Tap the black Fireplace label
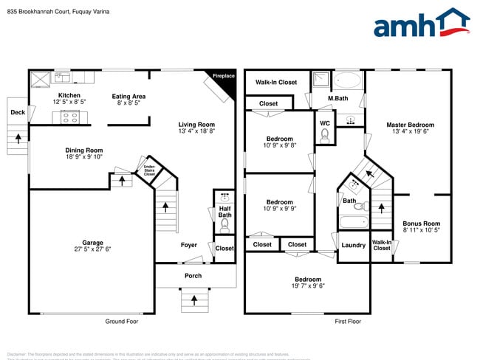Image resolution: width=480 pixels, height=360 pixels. [224, 77]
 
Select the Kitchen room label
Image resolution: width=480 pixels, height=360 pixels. [69, 96]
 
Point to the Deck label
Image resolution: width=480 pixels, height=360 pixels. [18, 113]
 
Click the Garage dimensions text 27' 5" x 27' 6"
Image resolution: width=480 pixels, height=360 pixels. [92, 249]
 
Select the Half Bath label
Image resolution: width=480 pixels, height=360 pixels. [225, 211]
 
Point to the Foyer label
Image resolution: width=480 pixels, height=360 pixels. [189, 245]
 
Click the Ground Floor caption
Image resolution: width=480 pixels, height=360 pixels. [121, 321]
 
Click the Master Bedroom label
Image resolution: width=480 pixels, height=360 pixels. [410, 125]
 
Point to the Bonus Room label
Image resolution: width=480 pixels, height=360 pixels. [421, 224]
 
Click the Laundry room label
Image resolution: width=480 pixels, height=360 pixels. [353, 245]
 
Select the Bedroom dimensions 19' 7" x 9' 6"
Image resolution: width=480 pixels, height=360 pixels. [308, 287]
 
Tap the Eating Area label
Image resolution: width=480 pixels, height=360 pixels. [128, 96]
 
